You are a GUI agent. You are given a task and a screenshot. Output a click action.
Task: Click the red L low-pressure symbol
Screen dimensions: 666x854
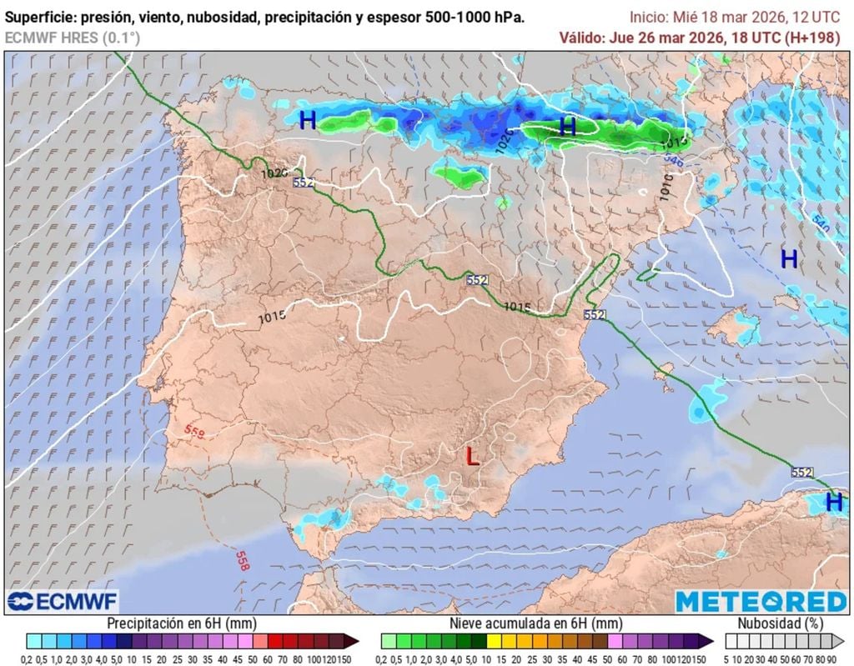coord(473,456)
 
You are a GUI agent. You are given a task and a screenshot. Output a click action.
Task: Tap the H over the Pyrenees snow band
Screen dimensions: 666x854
coord(568,127)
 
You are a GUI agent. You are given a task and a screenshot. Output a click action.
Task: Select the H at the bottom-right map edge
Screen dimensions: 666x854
coord(833,502)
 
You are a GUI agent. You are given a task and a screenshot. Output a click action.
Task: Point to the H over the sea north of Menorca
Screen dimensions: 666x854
coord(789,259)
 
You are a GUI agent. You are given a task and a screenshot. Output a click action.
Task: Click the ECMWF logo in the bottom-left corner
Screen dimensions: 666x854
coord(63,601)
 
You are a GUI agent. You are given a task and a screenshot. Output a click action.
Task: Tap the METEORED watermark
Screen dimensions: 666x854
coord(761,602)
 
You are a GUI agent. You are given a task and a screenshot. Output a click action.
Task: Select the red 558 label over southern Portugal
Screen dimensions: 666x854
coord(194,431)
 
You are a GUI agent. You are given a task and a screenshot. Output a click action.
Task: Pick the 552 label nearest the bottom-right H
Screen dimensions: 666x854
coord(801,472)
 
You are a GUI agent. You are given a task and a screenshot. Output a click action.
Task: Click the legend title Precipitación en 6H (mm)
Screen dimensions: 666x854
coord(181,623)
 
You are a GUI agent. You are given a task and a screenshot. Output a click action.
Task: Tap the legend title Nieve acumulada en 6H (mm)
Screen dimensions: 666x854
coord(536,623)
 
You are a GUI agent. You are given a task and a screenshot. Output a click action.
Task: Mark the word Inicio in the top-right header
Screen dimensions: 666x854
coord(647,17)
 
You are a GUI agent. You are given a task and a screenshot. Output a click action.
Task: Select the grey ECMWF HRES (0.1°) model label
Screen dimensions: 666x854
coord(73,38)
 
